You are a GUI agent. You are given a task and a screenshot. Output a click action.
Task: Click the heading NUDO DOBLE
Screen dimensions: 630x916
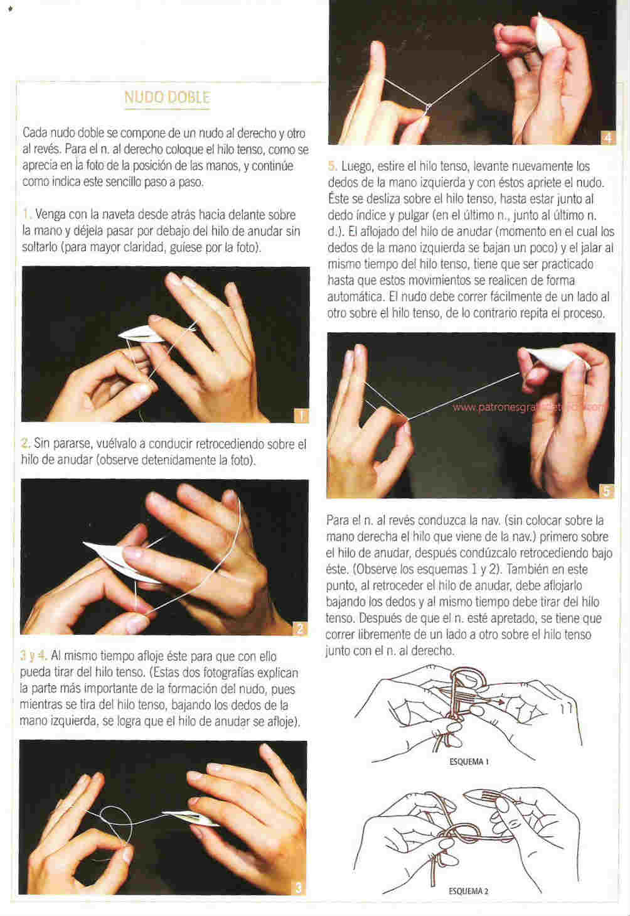pos(167,97)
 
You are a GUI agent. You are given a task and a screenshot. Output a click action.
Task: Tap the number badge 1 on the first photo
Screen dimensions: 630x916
pos(301,416)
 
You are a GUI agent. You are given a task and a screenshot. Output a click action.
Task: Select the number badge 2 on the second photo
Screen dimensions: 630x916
pos(300,628)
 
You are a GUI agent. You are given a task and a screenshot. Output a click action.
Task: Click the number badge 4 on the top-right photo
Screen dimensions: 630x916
pos(608,138)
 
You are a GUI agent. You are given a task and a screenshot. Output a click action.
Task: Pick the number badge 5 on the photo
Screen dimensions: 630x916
pos(606,491)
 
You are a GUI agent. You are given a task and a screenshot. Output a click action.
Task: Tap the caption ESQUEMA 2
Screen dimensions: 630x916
pos(469,891)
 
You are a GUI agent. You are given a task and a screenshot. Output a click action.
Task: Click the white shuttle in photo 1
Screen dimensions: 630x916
pos(139,335)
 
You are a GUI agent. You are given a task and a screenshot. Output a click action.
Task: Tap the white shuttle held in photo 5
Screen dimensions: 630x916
pos(557,358)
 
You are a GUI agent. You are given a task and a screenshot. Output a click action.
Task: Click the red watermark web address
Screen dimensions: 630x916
pos(530,407)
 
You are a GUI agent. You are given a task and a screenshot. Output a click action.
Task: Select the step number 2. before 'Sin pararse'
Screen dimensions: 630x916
pos(25,443)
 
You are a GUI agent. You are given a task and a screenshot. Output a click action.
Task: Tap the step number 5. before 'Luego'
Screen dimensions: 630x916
pos(332,166)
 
